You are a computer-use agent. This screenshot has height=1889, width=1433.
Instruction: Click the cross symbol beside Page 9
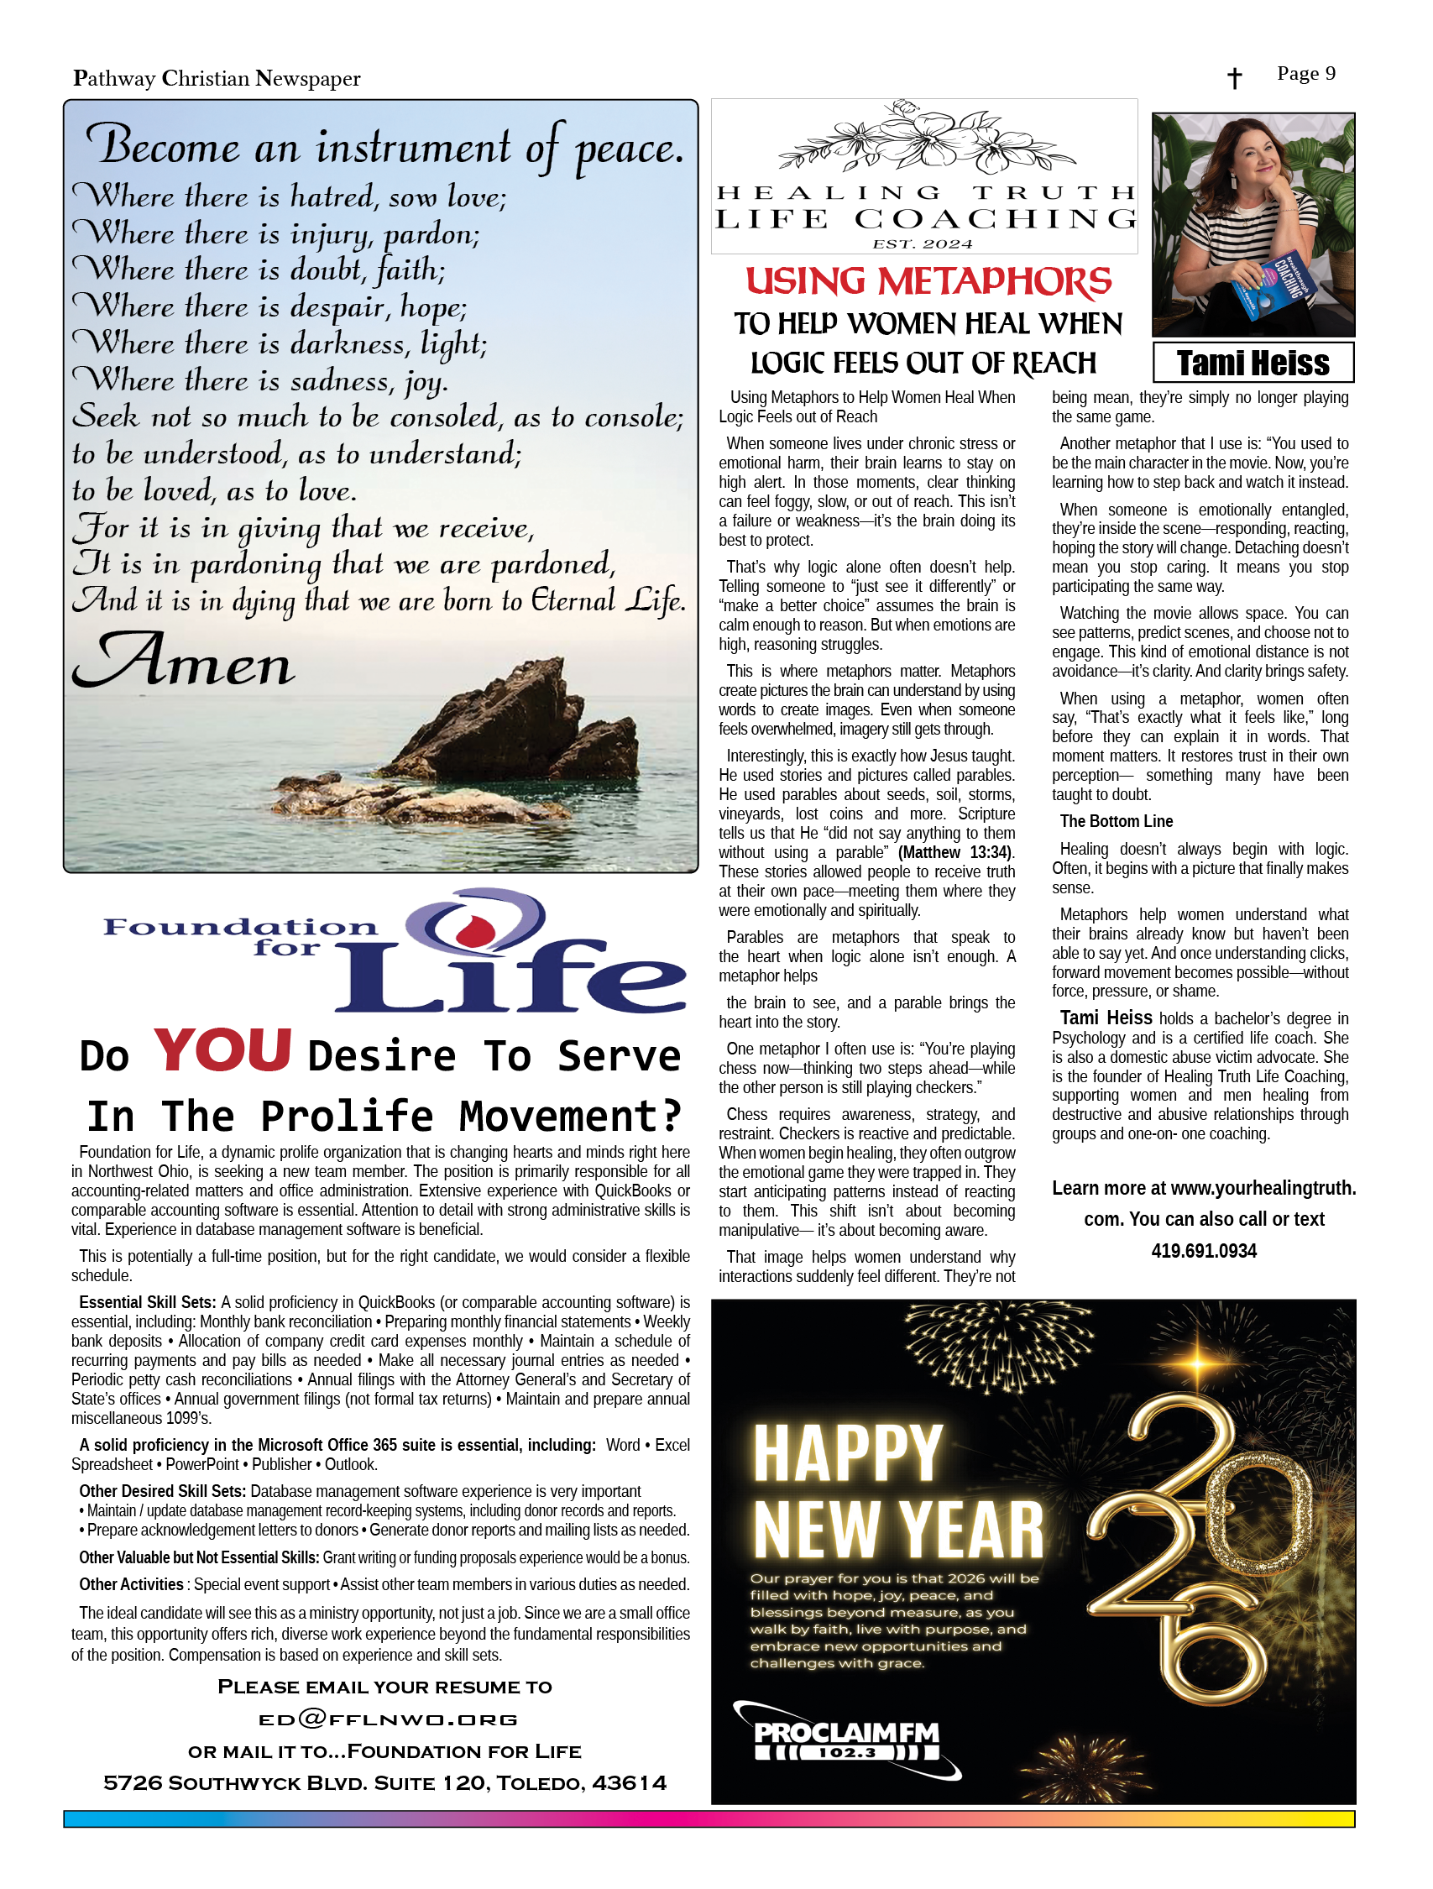click(x=1233, y=79)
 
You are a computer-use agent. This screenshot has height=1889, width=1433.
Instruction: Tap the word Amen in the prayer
click(x=184, y=662)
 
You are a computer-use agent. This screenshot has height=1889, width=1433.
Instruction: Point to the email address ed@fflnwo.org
click(x=388, y=1719)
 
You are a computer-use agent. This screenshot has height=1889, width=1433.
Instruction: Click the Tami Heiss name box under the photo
click(x=1252, y=363)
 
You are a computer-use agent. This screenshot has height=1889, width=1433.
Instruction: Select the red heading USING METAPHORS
click(x=928, y=282)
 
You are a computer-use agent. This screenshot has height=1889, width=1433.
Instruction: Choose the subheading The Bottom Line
click(x=1116, y=822)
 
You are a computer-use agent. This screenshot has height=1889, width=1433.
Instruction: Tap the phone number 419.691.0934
click(x=1203, y=1251)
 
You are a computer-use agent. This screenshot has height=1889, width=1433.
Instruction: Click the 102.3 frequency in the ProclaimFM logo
click(x=847, y=1753)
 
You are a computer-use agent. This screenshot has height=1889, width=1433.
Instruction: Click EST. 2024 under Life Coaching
click(x=923, y=244)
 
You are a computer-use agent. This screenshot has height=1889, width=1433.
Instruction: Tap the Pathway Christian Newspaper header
click(x=216, y=79)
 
